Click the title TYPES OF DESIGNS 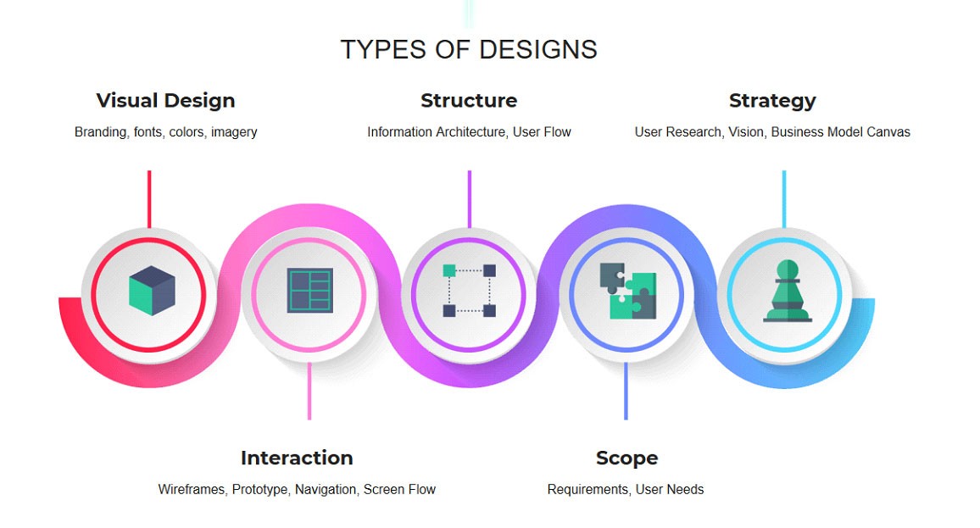pyautogui.click(x=469, y=49)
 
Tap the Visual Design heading pyautogui.click(x=165, y=101)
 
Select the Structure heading pyautogui.click(x=469, y=101)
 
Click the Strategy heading pyautogui.click(x=772, y=101)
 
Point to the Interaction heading pyautogui.click(x=297, y=458)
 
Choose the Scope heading pyautogui.click(x=626, y=459)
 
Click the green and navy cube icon pyautogui.click(x=152, y=291)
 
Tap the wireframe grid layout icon pyautogui.click(x=310, y=291)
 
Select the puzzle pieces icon pyautogui.click(x=628, y=292)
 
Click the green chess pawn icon pyautogui.click(x=788, y=292)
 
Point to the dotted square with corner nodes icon pyautogui.click(x=470, y=291)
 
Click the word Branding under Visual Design pyautogui.click(x=101, y=132)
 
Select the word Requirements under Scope pyautogui.click(x=588, y=489)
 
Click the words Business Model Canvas pyautogui.click(x=841, y=132)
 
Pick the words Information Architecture pyautogui.click(x=437, y=132)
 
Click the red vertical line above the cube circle pyautogui.click(x=149, y=199)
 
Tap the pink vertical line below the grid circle pyautogui.click(x=309, y=392)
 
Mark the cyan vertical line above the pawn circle pyautogui.click(x=784, y=199)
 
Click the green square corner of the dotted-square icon pyautogui.click(x=449, y=270)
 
